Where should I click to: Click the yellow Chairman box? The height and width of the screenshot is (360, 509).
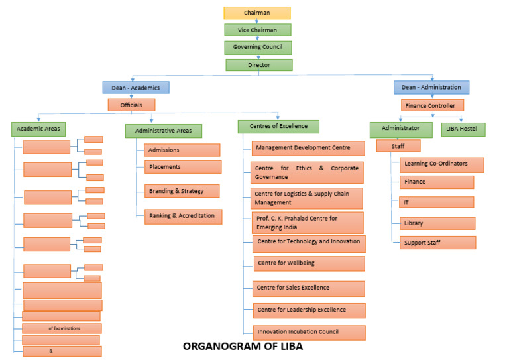click(257, 13)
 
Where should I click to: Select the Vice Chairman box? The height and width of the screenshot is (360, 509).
click(257, 30)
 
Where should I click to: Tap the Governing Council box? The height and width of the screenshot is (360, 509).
click(257, 48)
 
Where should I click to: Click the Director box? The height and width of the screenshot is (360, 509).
click(258, 65)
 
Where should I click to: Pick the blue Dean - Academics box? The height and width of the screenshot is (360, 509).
click(135, 87)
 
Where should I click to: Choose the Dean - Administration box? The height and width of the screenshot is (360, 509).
click(431, 87)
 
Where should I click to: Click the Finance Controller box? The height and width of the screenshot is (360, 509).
click(431, 105)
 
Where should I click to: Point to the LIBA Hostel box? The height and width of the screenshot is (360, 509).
click(463, 129)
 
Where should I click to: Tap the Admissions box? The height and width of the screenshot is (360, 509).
click(182, 150)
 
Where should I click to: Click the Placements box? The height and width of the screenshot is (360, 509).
click(183, 167)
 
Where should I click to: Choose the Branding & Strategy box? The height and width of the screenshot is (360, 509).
click(182, 192)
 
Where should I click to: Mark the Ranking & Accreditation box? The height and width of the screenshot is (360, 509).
click(184, 216)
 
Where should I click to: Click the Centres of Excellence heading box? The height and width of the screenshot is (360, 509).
click(278, 126)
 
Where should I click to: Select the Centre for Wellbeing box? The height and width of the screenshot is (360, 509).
click(309, 263)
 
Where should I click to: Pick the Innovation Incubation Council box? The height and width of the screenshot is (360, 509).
click(309, 332)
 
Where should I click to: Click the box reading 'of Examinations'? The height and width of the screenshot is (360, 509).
click(62, 328)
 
